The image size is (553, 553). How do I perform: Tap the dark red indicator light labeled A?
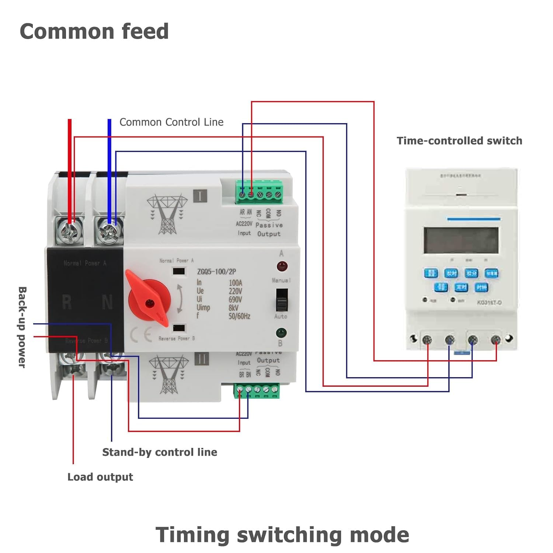(x=282, y=266)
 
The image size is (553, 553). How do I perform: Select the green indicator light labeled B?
(x=281, y=333)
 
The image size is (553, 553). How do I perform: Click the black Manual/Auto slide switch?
(x=282, y=300)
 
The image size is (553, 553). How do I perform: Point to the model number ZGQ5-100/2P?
(x=216, y=272)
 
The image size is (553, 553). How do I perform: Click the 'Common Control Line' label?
(x=171, y=122)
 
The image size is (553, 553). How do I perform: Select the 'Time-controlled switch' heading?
(x=459, y=141)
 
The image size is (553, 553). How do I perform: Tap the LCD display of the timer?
(x=460, y=240)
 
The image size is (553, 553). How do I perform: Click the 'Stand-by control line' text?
(x=160, y=452)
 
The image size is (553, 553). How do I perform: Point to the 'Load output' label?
(x=100, y=477)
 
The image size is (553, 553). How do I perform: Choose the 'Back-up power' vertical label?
(x=22, y=327)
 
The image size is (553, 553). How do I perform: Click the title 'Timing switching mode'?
(x=282, y=535)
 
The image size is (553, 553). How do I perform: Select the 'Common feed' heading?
(x=94, y=31)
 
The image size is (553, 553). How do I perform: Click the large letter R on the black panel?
(x=67, y=302)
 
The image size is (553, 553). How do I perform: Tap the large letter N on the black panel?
(x=107, y=302)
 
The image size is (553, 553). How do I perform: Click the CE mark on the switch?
(x=141, y=334)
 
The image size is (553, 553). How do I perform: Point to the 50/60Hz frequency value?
(x=239, y=316)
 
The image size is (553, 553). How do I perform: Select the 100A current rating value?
(x=235, y=283)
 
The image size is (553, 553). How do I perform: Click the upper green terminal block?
(x=260, y=193)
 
